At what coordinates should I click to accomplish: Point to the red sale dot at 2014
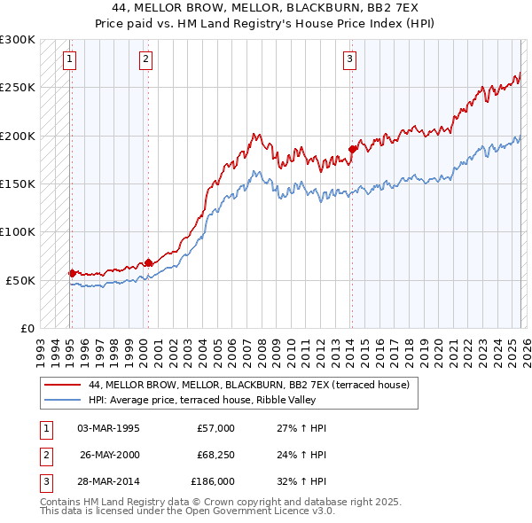click(352, 149)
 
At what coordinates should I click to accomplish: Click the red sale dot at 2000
click(148, 262)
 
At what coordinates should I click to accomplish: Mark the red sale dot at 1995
click(72, 273)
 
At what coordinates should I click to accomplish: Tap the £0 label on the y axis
click(26, 328)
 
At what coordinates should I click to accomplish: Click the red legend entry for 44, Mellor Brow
click(248, 386)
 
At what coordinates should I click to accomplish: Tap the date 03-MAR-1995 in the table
click(108, 428)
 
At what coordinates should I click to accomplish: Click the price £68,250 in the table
click(212, 455)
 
